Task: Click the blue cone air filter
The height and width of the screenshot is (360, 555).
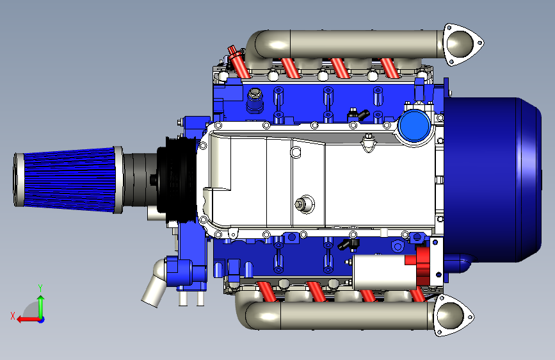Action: tap(68, 180)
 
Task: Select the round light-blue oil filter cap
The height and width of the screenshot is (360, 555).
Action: tap(414, 126)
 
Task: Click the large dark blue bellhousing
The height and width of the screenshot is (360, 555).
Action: tap(492, 179)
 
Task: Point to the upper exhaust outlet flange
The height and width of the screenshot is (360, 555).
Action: tap(462, 44)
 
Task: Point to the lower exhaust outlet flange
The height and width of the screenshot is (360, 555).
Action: tap(453, 315)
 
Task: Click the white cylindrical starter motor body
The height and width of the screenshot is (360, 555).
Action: tap(384, 273)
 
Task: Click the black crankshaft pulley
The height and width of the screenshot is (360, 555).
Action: tap(176, 179)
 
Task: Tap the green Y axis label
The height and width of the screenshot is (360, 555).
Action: tap(40, 288)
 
